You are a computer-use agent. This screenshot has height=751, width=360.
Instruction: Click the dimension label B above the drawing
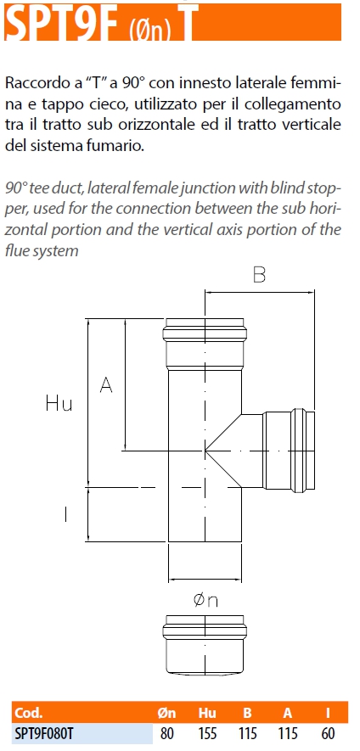pyautogui.click(x=259, y=274)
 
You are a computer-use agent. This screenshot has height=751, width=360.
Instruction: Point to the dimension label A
pyautogui.click(x=106, y=384)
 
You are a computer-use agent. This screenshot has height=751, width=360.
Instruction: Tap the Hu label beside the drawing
pyautogui.click(x=59, y=403)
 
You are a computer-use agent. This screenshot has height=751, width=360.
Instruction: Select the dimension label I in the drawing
pyautogui.click(x=65, y=514)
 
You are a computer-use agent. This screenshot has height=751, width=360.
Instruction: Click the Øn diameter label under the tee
pyautogui.click(x=205, y=600)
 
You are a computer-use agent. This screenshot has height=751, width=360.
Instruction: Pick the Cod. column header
pyautogui.click(x=29, y=713)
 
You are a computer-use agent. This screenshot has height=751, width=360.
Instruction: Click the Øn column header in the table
pyautogui.click(x=166, y=713)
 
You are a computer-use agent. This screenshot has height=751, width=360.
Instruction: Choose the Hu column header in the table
pyautogui.click(x=207, y=713)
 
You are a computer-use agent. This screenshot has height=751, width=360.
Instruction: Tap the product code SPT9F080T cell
pyautogui.click(x=45, y=733)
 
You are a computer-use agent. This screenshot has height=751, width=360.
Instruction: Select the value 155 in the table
pyautogui.click(x=207, y=733)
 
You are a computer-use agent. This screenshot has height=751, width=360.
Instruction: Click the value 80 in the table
pyautogui.click(x=166, y=733)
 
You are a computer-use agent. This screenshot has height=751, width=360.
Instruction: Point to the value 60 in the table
pyautogui.click(x=328, y=733)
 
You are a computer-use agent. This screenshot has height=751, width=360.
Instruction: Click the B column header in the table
pyautogui.click(x=247, y=713)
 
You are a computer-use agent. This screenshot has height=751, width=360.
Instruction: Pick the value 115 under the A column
pyautogui.click(x=288, y=733)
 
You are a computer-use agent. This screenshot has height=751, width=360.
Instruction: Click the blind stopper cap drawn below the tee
pyautogui.click(x=205, y=644)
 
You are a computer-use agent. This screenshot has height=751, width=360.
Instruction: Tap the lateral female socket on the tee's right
pyautogui.click(x=289, y=450)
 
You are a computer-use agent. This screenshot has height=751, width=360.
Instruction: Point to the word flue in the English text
pyautogui.click(x=17, y=250)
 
